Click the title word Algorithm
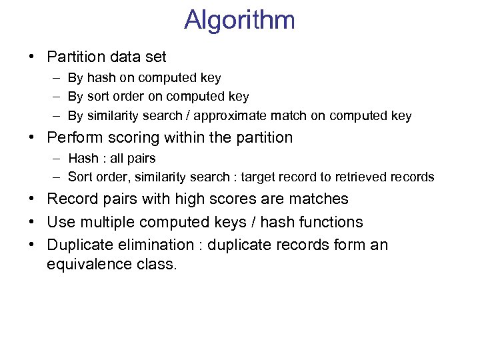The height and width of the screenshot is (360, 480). (x=239, y=20)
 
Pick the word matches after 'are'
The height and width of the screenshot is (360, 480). (x=318, y=199)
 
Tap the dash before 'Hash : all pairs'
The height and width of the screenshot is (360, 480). (x=54, y=159)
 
